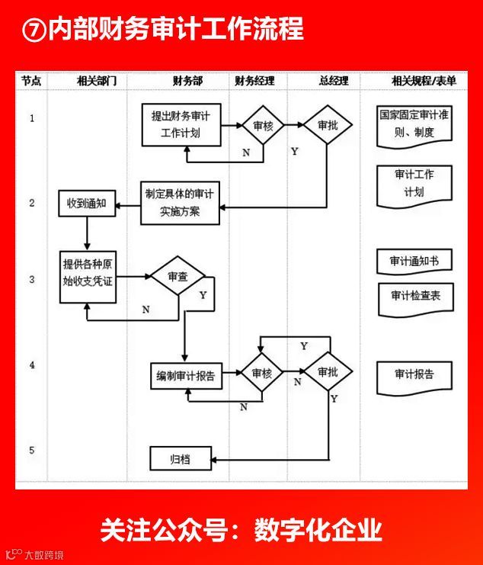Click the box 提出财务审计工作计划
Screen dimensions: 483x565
[x=181, y=124]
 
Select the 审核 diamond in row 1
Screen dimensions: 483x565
[x=263, y=126]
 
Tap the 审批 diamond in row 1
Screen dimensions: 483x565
[x=328, y=126]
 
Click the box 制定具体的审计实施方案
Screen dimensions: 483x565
[x=181, y=203]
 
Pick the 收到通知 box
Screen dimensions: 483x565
[x=86, y=204]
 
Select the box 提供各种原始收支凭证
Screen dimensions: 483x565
[x=89, y=276]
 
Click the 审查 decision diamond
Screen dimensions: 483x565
[x=178, y=278]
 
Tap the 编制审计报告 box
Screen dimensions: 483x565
[x=186, y=375]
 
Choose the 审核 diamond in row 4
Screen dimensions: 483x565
[x=262, y=373]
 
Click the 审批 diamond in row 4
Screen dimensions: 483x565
[x=328, y=372]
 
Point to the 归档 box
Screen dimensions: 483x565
[x=180, y=459]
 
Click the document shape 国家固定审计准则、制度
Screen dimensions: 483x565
[x=415, y=124]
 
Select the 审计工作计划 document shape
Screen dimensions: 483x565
[x=414, y=184]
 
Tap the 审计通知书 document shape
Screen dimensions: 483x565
[x=414, y=261]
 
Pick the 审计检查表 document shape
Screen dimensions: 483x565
[x=415, y=297]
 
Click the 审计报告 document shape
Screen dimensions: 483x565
[x=414, y=375]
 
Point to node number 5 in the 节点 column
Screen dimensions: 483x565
[x=32, y=450]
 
